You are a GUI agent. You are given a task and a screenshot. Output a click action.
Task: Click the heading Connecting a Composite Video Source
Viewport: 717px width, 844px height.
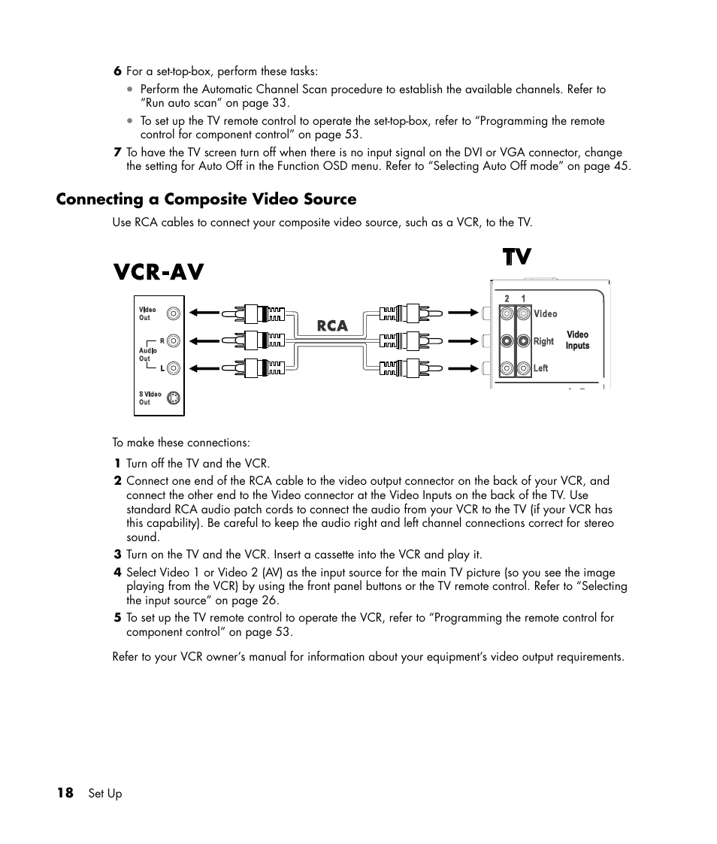(206, 199)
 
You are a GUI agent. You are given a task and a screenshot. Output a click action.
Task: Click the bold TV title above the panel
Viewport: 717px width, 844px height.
(516, 257)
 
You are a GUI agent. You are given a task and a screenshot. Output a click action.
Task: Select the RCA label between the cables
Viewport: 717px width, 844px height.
(331, 326)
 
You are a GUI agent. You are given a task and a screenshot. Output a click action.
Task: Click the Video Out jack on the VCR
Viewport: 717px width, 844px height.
(174, 314)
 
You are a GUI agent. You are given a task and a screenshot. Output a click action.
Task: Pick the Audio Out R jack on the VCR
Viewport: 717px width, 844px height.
(174, 340)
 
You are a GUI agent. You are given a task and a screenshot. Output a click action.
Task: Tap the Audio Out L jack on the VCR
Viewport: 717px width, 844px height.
(174, 368)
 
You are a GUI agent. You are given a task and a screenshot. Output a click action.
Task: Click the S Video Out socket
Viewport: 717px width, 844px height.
(174, 398)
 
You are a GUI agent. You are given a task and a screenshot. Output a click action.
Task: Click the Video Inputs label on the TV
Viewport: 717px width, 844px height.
(577, 340)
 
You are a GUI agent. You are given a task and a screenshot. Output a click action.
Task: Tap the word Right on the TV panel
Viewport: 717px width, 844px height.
(543, 341)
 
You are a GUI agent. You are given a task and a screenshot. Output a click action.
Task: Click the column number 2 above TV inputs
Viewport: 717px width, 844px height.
(507, 298)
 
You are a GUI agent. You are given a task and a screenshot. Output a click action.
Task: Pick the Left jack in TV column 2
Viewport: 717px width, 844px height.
(507, 368)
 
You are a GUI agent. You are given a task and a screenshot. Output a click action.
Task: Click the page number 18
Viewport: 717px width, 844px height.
(65, 793)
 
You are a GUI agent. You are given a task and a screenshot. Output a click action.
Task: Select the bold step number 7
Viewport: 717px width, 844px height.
(117, 152)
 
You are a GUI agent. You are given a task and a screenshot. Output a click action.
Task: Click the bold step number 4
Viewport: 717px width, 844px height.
(117, 573)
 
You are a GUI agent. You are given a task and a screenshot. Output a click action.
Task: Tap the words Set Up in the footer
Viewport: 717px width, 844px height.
(104, 794)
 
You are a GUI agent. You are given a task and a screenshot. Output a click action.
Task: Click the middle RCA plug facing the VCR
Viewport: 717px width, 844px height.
(260, 340)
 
